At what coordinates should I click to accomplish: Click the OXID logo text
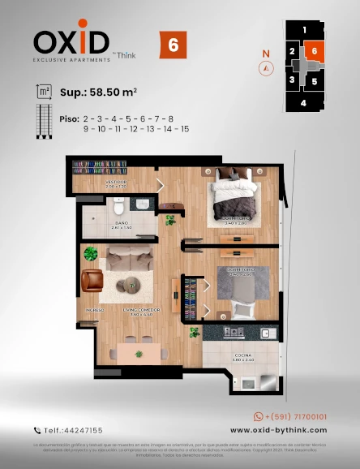click(71, 41)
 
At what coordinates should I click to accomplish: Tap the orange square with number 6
click(172, 45)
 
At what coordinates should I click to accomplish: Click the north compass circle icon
click(264, 69)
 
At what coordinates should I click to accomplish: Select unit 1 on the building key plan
click(304, 30)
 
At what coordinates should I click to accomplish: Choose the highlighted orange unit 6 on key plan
click(315, 51)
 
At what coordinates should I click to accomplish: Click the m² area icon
click(43, 93)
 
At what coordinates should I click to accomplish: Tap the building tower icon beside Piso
click(43, 123)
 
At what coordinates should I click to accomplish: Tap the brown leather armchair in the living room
click(92, 280)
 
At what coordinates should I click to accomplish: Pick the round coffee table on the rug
click(127, 284)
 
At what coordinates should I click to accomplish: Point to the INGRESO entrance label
click(95, 310)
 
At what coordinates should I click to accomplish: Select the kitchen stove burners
click(234, 332)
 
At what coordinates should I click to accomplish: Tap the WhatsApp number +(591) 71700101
click(290, 416)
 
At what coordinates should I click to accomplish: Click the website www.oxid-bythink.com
click(277, 430)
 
